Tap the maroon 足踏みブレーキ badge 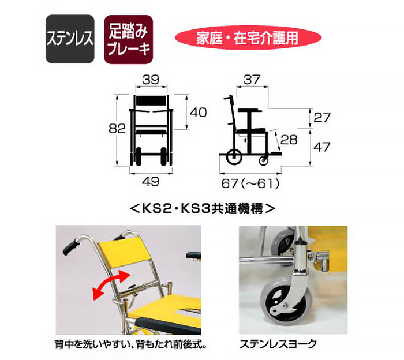click(128, 39)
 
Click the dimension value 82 click(117, 129)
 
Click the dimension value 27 click(321, 118)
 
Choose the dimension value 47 click(321, 147)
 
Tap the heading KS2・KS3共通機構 click(201, 209)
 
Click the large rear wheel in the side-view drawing click(234, 156)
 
